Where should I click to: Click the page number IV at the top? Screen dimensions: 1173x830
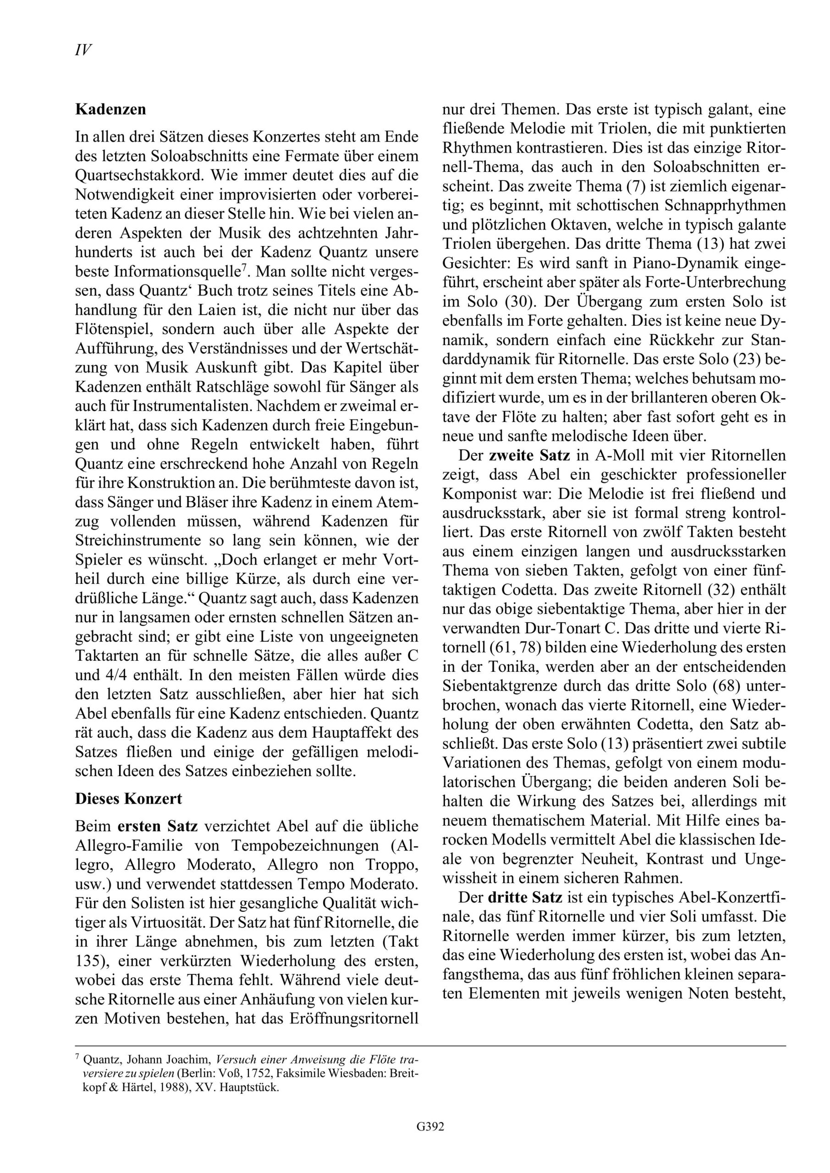pyautogui.click(x=83, y=50)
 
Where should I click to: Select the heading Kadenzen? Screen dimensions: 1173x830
pyautogui.click(x=110, y=110)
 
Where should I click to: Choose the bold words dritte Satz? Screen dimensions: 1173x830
pyautogui.click(x=525, y=897)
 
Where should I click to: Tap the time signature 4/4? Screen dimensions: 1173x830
pyautogui.click(x=103, y=675)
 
